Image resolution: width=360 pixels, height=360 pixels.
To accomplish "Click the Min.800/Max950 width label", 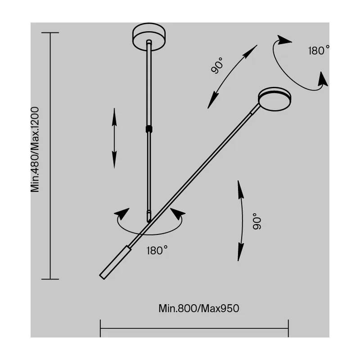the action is pos(199,308).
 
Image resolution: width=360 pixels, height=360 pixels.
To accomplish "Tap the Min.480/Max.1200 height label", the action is pos(35,149).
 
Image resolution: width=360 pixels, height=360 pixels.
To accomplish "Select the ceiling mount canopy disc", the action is pos(149,37).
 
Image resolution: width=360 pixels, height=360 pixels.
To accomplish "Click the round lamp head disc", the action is pos(274,99).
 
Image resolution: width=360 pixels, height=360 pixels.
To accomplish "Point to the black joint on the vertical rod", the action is pos(149,129).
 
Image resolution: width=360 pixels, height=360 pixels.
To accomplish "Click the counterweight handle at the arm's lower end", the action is pos(115,262).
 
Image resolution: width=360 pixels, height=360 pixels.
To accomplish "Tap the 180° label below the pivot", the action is pos(157,251).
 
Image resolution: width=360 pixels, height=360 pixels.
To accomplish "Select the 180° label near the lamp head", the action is pos(319,50).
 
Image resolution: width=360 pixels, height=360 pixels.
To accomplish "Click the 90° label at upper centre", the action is pos(217,65).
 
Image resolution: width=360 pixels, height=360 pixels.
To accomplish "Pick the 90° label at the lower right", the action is pos(257,221).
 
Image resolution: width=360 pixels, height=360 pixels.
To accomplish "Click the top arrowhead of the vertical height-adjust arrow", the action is pos(114,117).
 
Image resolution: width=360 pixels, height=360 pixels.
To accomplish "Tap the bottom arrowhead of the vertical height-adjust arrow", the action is pos(114,160).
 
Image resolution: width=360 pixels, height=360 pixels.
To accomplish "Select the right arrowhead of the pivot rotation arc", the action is pos(177,214).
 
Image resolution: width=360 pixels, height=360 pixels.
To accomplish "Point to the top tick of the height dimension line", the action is pos(50,33).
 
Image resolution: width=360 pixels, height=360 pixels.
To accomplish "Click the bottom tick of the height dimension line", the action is pos(50,279).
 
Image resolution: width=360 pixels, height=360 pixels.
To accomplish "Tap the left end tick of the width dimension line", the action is pos(100,328).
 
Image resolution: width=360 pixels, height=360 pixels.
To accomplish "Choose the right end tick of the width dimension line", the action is pos(288,328).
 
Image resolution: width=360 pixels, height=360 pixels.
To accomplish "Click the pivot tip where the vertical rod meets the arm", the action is pos(149,221).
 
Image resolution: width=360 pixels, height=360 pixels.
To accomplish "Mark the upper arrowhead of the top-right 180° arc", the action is pos(284,40).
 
